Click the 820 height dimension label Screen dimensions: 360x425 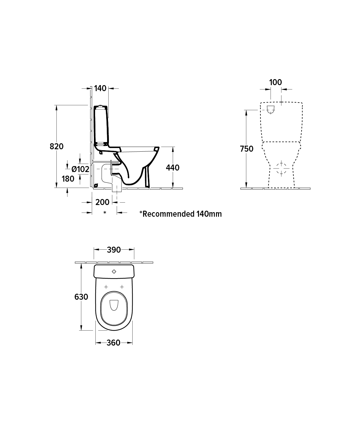(x=57, y=146)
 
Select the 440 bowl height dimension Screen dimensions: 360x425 (x=173, y=168)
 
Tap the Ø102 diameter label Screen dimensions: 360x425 (x=80, y=169)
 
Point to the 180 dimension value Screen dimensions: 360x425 (x=68, y=179)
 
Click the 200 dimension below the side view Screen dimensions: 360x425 (x=102, y=202)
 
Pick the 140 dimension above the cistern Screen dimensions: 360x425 (x=100, y=88)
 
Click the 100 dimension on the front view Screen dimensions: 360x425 (x=276, y=82)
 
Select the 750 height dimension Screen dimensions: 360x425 (x=247, y=149)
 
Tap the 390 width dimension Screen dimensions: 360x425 (x=114, y=250)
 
